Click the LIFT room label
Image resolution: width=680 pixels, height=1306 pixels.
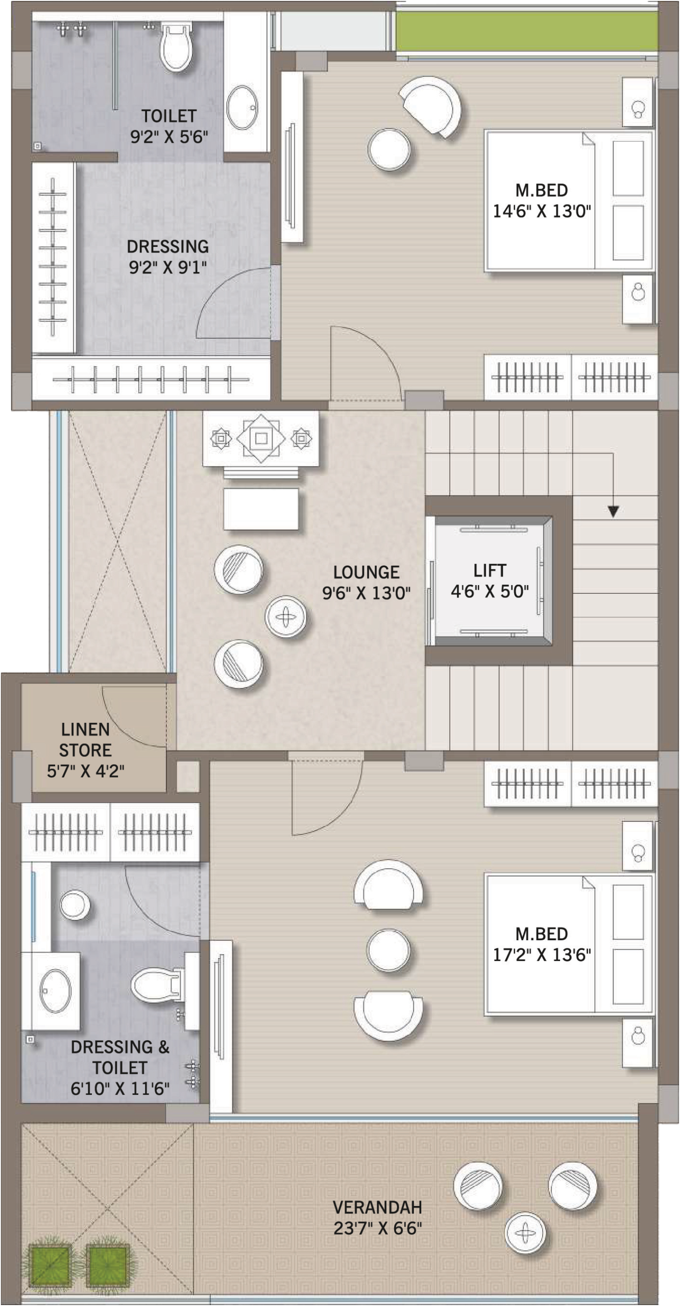click(x=490, y=570)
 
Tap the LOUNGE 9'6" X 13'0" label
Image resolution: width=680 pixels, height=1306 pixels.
click(x=366, y=583)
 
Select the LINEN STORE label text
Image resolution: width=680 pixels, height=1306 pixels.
click(x=85, y=740)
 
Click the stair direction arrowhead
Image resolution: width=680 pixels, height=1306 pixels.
click(x=613, y=511)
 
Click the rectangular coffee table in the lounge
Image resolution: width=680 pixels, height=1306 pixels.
click(x=261, y=509)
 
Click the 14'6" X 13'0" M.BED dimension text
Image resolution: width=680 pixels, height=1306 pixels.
click(x=541, y=211)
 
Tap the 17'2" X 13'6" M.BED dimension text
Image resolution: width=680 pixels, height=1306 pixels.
click(x=541, y=955)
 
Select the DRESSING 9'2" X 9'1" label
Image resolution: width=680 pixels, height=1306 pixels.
click(x=167, y=256)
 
